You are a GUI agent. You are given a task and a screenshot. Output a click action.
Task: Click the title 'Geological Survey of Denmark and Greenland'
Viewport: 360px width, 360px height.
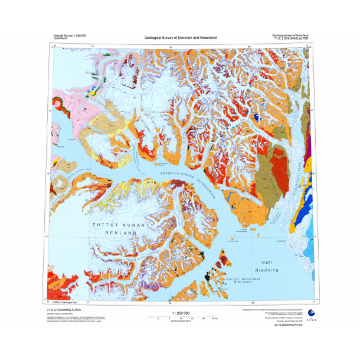pos(180,38)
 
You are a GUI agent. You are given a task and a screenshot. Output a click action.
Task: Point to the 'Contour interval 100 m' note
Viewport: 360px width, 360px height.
pos(179,321)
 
